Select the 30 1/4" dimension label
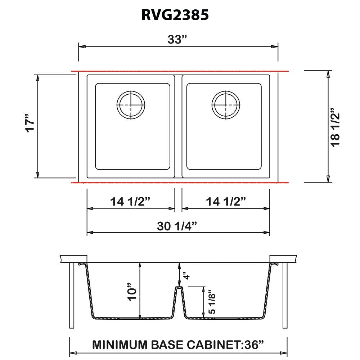coord(177,225)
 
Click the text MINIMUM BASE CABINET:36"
coord(178,345)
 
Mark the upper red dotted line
coord(180,71)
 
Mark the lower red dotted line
coord(180,183)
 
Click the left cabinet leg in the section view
coord(72,295)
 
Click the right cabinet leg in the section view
coord(285,295)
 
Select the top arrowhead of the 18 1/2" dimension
coord(328,74)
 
